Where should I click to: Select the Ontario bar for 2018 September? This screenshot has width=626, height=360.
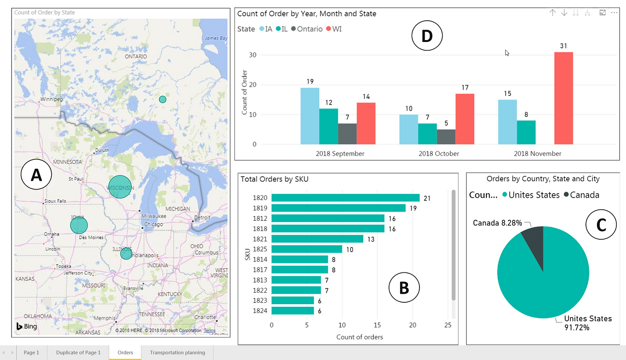[x=347, y=134]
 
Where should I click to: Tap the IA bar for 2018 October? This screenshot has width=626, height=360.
[x=408, y=129]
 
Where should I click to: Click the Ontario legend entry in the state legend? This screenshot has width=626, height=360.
[x=307, y=29]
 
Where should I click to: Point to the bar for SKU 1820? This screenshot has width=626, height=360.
[x=345, y=198]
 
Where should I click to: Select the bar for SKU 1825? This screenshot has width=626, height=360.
[x=307, y=249]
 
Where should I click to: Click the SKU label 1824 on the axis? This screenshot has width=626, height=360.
[x=260, y=311]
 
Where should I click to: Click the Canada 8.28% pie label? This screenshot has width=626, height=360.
[x=497, y=223]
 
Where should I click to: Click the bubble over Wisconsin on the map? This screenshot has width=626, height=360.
[x=120, y=187]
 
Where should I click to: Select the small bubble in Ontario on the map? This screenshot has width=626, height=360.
[x=162, y=99]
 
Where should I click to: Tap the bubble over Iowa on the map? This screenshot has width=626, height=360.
[x=79, y=225]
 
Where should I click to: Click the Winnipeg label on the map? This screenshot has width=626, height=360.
[x=51, y=99]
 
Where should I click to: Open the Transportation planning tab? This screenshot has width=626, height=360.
[x=177, y=353]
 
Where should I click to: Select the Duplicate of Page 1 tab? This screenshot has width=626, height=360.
[x=78, y=353]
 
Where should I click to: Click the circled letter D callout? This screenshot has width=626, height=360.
[x=426, y=36]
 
